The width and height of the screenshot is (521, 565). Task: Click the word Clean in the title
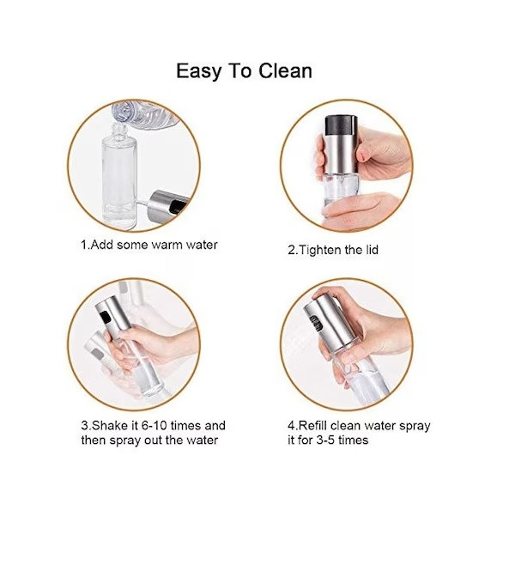point(285,70)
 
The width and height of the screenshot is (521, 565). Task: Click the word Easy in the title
point(198,72)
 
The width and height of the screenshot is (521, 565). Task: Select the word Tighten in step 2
point(320,250)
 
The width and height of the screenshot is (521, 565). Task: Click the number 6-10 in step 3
point(154,425)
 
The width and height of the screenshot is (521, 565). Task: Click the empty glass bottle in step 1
point(119,177)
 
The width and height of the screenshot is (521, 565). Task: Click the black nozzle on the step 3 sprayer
point(106,317)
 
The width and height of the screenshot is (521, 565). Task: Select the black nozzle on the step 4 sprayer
point(316,323)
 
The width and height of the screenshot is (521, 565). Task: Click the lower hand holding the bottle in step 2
point(360,210)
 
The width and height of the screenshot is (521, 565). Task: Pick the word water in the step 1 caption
point(202,245)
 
